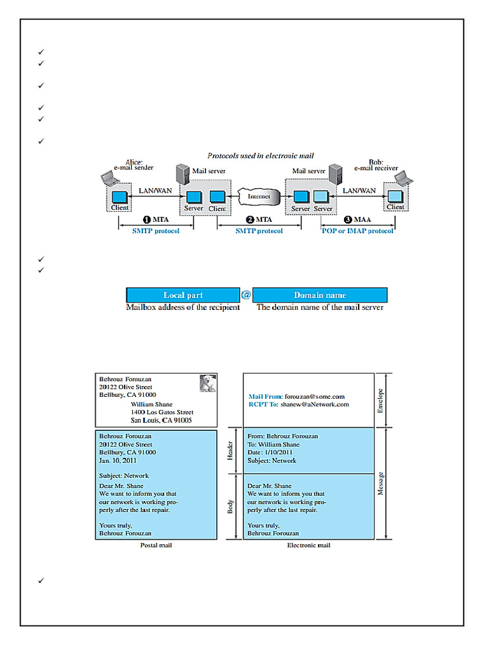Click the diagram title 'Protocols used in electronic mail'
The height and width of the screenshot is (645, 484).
point(260,156)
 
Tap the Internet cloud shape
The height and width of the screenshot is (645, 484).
point(258,197)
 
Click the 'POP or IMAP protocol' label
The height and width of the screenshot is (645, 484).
point(357,231)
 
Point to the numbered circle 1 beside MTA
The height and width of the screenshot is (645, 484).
point(147,220)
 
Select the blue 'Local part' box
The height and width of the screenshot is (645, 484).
point(183,295)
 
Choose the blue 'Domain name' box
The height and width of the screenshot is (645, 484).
point(320,295)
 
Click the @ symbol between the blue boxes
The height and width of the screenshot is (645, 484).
point(246,295)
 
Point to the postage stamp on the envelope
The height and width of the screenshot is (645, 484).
point(207,384)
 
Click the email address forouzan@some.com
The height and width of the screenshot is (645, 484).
point(314,396)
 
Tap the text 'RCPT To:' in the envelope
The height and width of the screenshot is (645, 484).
point(263,404)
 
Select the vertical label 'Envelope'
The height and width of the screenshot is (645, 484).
point(380,401)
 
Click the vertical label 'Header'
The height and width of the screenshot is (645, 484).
point(230,450)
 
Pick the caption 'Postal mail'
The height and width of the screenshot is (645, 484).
point(156,545)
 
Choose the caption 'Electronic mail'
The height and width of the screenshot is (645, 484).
point(308,545)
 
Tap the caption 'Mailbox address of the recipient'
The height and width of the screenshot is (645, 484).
point(183,307)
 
